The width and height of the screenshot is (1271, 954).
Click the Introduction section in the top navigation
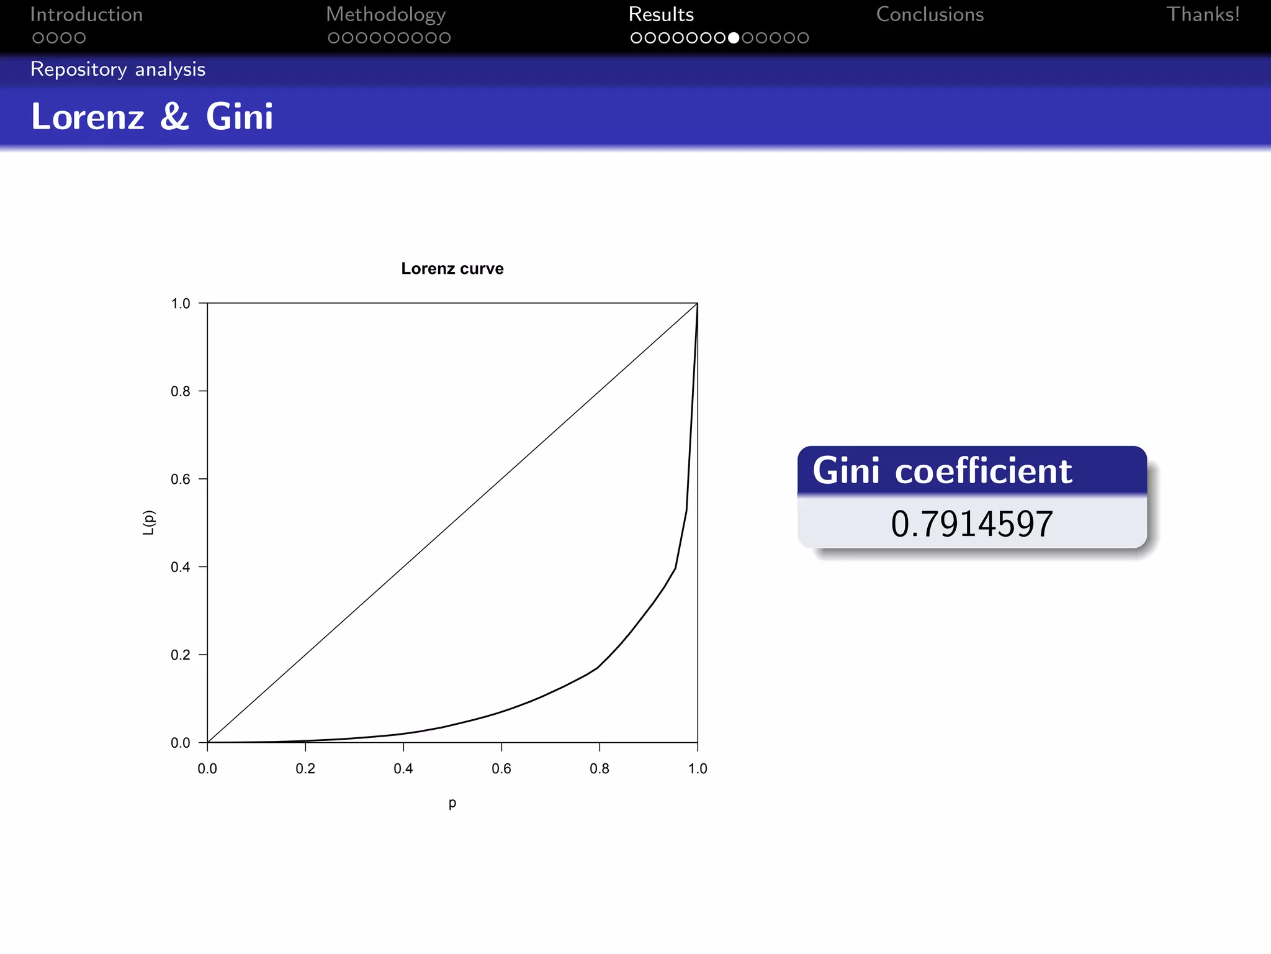pos(86,14)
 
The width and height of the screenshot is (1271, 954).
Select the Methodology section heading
pos(385,14)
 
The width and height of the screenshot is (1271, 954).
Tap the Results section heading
pos(661,14)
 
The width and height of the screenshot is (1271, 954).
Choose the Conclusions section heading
pos(930,14)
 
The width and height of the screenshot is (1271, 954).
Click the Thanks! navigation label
pos(1203,14)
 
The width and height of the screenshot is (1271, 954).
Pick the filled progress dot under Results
pos(734,38)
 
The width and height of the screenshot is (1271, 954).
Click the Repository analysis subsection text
pos(118,69)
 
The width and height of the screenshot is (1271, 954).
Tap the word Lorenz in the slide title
pos(88,116)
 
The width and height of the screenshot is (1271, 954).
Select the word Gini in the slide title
pos(240,116)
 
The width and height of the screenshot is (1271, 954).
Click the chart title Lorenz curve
pos(452,268)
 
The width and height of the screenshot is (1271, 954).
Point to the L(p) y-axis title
pos(148,522)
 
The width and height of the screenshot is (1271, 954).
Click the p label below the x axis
pos(452,802)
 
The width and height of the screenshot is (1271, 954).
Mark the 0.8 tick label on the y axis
pos(181,391)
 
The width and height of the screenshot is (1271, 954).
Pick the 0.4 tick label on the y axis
pos(181,567)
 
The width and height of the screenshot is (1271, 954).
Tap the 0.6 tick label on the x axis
pos(501,769)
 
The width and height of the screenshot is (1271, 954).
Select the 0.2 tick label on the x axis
pos(305,769)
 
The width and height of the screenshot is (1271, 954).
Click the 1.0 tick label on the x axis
pos(698,769)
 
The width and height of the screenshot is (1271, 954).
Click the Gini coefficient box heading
pos(942,471)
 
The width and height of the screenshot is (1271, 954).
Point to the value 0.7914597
pos(972,524)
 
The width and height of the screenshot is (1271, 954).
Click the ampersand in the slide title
pos(174,116)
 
